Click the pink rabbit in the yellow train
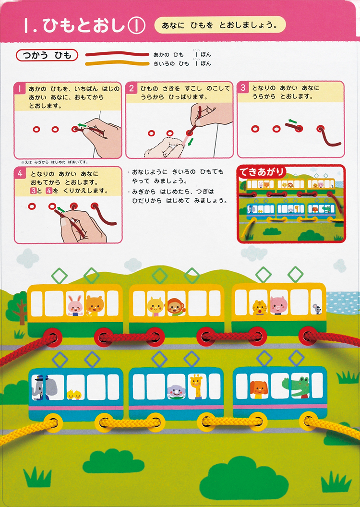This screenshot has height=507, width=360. click(x=75, y=305)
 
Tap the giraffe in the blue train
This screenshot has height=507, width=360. click(x=196, y=386)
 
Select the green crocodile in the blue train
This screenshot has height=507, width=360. click(x=296, y=387)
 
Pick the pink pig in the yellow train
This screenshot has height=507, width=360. click(x=278, y=305)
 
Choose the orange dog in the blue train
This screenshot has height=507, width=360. click(x=259, y=389)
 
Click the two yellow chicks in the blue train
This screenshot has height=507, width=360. click(x=74, y=395)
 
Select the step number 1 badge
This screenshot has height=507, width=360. click(x=20, y=89)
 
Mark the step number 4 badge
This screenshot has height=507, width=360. click(x=20, y=173)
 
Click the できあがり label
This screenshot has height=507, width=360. click(x=262, y=172)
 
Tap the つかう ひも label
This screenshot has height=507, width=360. click(x=47, y=55)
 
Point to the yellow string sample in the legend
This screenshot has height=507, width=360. click(x=117, y=63)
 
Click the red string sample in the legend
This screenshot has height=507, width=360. click(x=117, y=54)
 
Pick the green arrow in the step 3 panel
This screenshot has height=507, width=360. click(x=293, y=121)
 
